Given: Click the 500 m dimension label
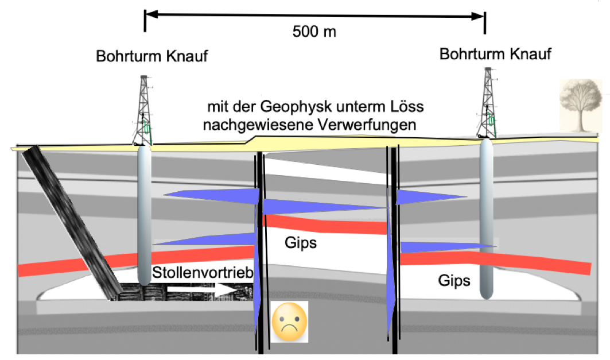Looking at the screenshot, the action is tap(314, 32).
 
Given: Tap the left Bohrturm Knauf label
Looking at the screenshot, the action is tap(151, 56).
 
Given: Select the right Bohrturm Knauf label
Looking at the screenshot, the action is tap(495, 54).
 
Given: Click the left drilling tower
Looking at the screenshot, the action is tap(143, 110).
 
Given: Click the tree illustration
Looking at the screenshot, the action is tap(581, 106).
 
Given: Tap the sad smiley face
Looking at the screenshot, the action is tap(289, 322).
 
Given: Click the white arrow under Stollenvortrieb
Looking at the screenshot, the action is tap(203, 288).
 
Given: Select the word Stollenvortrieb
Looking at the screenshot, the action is tap(203, 272).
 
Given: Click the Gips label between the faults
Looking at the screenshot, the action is tap(301, 242).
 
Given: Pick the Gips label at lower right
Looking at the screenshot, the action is tap(454, 280).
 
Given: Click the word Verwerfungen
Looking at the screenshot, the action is tap(367, 125).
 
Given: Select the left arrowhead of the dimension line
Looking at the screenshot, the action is tap(151, 14).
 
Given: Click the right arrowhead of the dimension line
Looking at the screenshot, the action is tap(478, 16).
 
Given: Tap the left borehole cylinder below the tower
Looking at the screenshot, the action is tap(145, 215).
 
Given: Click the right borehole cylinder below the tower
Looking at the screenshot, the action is tap(486, 219).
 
